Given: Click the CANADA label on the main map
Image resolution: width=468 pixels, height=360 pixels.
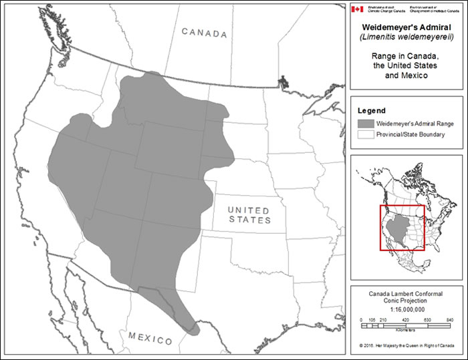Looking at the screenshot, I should point(205,33).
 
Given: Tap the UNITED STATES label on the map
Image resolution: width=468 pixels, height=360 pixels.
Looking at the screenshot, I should point(249,214).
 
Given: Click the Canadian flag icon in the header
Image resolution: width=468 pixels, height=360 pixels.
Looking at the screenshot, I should point(358,9).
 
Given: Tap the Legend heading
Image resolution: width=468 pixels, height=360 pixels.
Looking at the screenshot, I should point(372,110).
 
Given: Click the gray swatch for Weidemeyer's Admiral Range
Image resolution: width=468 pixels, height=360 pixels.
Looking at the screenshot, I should point(365,124).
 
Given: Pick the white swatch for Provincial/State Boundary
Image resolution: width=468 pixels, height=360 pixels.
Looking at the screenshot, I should point(365,135).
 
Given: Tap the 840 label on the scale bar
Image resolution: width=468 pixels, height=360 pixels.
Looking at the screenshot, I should point(449,321).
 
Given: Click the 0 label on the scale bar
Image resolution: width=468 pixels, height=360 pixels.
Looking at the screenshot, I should point(361,321).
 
